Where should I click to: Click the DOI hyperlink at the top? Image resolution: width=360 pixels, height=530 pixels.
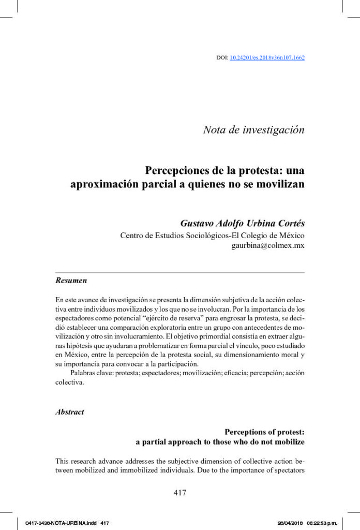(x=267, y=57)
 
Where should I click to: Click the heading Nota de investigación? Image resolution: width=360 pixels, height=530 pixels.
(x=253, y=130)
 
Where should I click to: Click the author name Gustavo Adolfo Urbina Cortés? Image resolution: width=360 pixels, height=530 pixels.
(x=242, y=224)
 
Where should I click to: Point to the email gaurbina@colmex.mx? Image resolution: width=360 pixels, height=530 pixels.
(x=268, y=246)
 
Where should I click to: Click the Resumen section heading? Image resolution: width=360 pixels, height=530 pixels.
(x=71, y=281)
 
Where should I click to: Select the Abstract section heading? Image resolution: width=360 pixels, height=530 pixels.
(x=70, y=412)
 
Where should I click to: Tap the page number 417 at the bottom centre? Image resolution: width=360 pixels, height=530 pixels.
(x=179, y=493)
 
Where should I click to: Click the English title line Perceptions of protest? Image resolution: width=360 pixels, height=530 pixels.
(x=264, y=432)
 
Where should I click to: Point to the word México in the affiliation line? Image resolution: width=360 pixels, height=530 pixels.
(x=290, y=235)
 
